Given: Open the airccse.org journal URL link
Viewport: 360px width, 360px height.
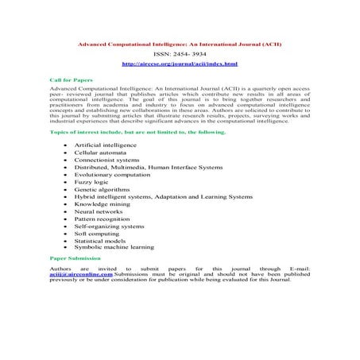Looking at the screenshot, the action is [180, 63].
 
